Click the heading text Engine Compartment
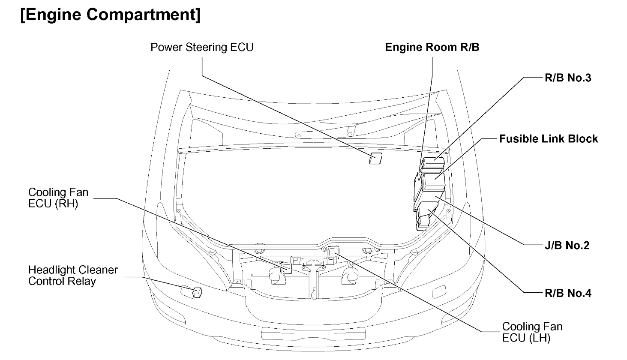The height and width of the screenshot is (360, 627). tap(110, 15)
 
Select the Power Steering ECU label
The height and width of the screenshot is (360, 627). tap(201, 47)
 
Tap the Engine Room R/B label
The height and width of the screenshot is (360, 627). tap(432, 47)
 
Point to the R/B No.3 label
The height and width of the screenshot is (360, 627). tap(568, 78)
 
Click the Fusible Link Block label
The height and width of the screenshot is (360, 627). tap(548, 139)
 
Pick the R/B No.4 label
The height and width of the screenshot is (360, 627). tap(568, 293)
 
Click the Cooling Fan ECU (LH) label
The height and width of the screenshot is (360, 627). tap(532, 332)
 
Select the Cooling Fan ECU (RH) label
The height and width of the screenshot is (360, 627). tap(58, 198)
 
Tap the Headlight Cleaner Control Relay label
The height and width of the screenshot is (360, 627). tap(73, 276)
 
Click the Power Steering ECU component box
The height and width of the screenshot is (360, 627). tap(375, 158)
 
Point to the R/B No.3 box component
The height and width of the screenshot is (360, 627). tap(433, 165)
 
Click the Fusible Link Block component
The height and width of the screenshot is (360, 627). tap(433, 182)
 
